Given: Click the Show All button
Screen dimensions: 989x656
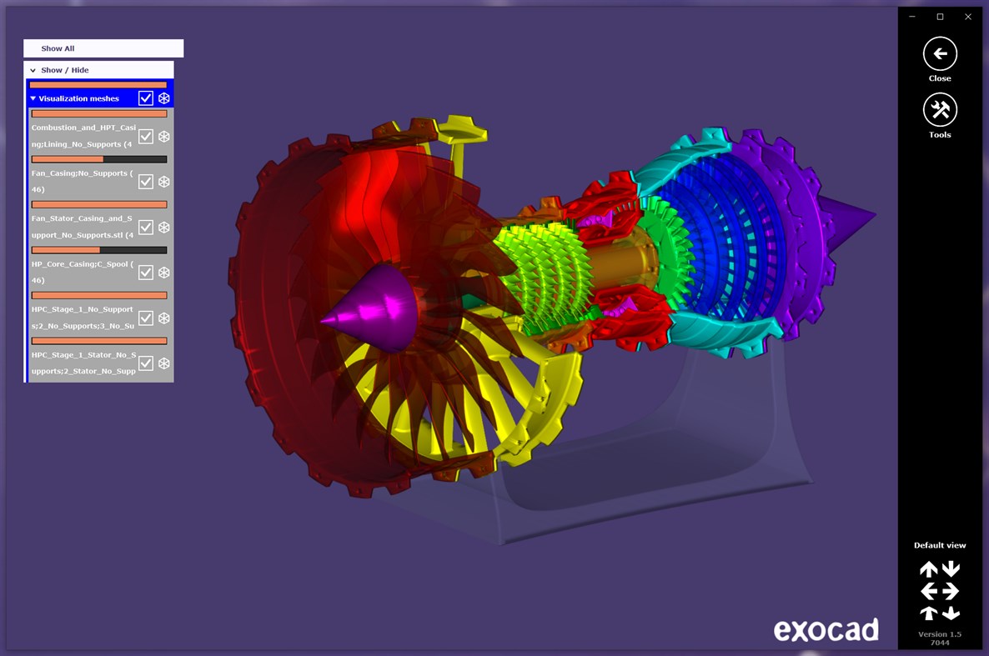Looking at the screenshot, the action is point(103,48).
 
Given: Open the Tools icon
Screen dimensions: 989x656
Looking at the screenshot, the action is point(940,110).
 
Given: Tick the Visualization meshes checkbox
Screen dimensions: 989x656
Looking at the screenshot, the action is point(146,98).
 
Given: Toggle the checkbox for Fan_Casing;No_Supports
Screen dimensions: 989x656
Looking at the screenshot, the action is point(146,182).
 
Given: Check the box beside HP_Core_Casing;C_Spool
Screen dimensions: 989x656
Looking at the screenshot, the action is point(146,273).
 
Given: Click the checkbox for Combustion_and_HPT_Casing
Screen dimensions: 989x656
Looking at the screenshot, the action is point(146,136).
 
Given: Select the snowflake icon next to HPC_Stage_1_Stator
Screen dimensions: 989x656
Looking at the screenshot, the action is point(164,363).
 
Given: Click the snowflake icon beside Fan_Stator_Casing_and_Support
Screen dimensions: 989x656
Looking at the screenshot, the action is point(164,227).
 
